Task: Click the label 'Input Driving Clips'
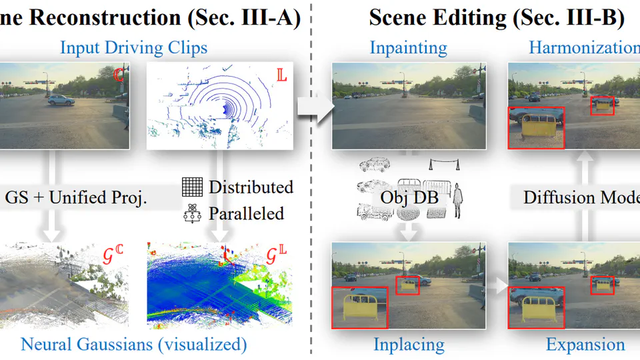[133, 48]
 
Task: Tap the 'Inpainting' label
[408, 48]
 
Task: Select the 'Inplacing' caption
[409, 345]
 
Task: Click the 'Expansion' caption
[585, 345]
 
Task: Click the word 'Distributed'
[251, 187]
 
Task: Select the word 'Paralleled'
[246, 213]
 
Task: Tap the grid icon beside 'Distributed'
[192, 187]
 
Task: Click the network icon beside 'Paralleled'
[192, 213]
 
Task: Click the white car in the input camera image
[61, 100]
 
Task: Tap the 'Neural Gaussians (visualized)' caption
[133, 345]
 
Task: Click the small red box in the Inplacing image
[408, 285]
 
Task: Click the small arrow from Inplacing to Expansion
[497, 287]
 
